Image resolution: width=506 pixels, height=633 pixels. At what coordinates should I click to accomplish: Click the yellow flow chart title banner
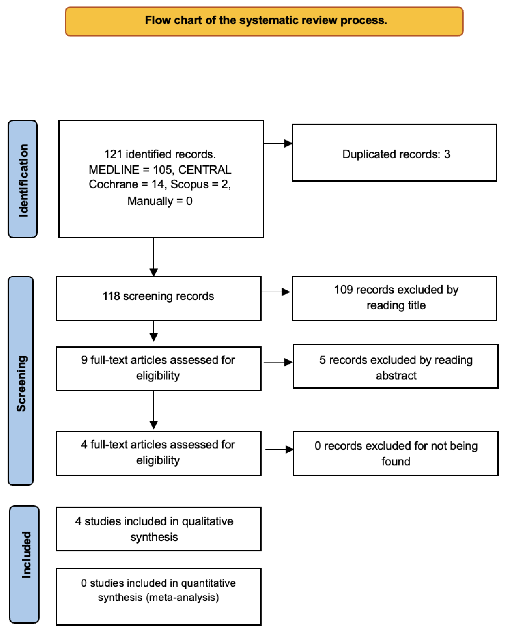264,21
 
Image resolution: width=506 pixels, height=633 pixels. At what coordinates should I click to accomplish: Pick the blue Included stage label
24,564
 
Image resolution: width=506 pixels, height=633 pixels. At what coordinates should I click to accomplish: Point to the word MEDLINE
114,170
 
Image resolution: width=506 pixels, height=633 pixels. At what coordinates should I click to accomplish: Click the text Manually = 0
159,201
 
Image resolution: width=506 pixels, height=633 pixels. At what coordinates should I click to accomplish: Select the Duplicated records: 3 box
394,153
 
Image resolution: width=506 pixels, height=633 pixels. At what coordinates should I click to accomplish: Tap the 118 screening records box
158,298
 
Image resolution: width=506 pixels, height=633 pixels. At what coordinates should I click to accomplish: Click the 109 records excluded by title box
394,298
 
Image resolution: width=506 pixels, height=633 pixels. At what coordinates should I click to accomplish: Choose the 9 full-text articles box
158,368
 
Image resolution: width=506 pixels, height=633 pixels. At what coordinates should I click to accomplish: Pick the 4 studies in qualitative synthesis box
158,529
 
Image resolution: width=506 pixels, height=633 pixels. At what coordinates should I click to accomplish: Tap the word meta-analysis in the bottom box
183,597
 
